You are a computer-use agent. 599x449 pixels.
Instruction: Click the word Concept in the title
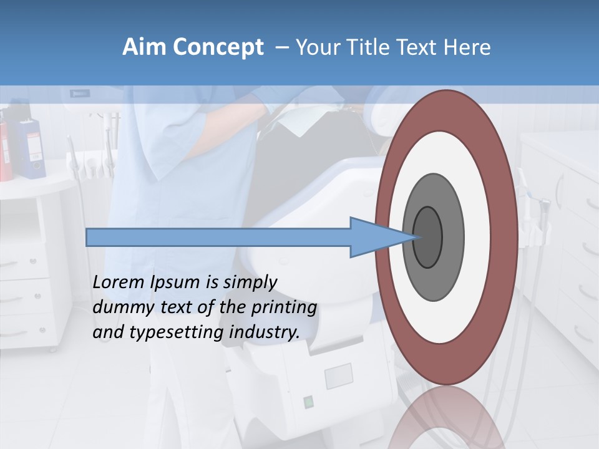(218, 48)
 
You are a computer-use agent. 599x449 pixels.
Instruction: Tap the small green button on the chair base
(308, 402)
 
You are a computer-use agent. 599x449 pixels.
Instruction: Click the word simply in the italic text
(246, 282)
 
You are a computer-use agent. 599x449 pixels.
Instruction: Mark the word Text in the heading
(419, 47)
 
